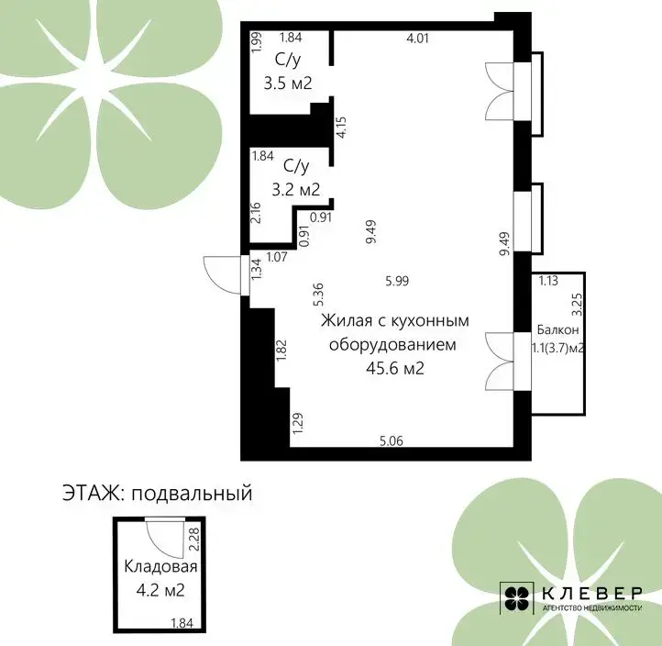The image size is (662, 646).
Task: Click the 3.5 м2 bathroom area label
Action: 288,83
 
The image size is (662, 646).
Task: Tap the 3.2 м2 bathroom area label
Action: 295,189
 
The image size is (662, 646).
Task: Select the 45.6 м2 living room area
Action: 395,368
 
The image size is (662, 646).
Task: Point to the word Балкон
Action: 557,329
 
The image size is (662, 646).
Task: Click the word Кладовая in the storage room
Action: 160,566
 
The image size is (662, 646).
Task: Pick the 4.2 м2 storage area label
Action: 160,590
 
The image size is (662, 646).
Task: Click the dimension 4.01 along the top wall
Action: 417,39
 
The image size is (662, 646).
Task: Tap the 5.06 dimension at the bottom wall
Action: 392,441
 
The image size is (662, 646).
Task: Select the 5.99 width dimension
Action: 397,281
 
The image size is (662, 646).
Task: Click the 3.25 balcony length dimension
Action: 577,305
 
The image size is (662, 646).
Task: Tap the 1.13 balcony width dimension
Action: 548,281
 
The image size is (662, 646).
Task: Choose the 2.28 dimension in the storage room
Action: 193,540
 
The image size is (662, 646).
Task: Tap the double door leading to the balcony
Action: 500,362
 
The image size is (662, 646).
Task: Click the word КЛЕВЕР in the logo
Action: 592,593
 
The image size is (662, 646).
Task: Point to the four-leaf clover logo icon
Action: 518,598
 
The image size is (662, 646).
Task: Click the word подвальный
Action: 193,493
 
